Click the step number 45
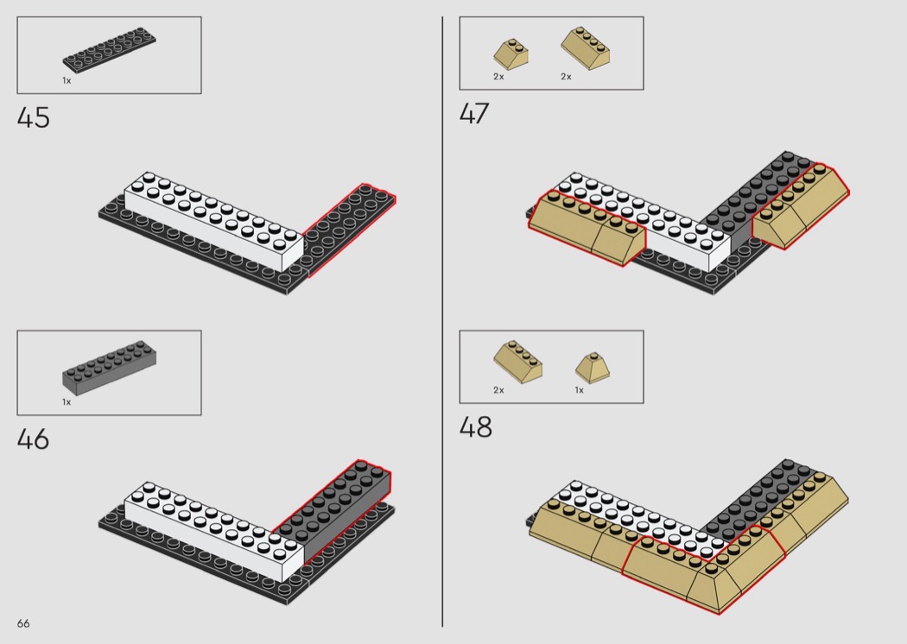point(34,117)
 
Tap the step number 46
point(34,439)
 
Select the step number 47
point(474,114)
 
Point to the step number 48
point(475,427)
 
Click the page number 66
point(23,624)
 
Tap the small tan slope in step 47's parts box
point(511,54)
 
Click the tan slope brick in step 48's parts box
point(512,362)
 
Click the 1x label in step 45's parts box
point(67,80)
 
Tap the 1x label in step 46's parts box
point(67,401)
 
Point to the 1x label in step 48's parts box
point(579,390)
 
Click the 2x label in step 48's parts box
point(498,390)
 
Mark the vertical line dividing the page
point(442,319)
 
